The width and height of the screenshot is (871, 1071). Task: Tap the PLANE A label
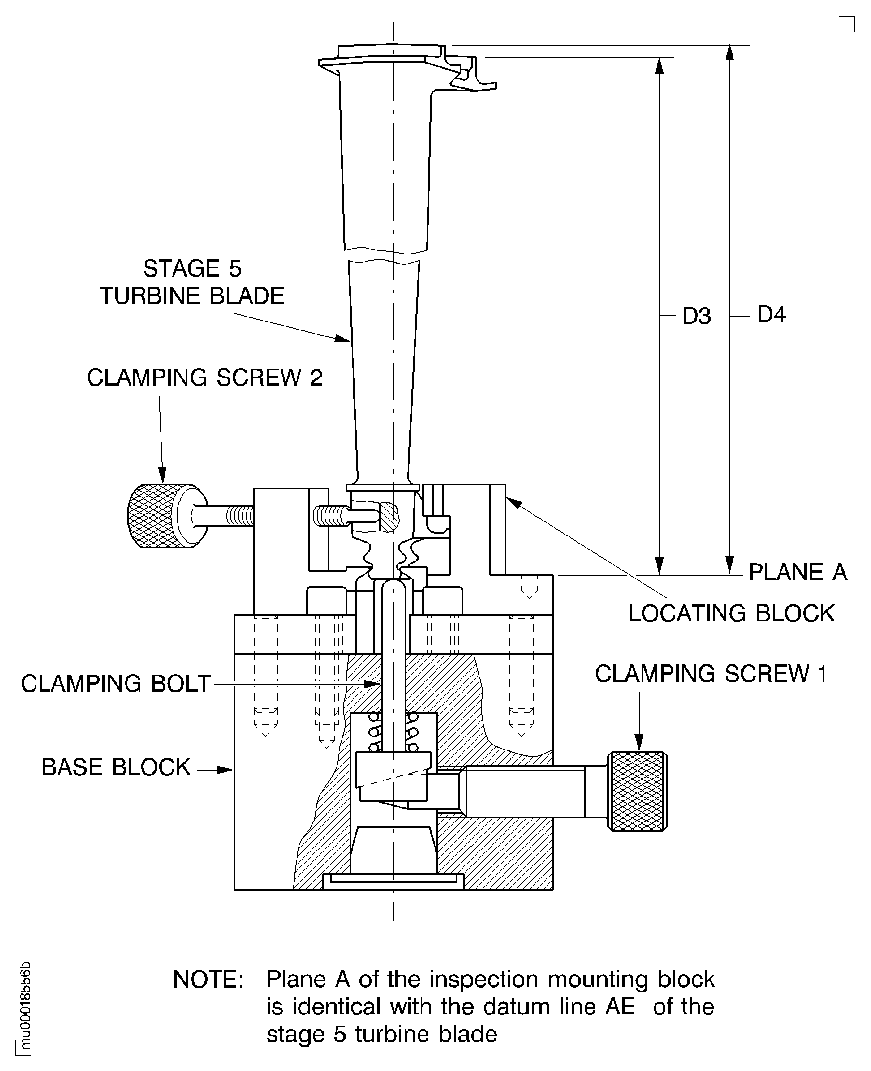[x=797, y=572]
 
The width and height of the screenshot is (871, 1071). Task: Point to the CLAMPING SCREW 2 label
[x=205, y=378]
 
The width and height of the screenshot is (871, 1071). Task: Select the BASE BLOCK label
[x=116, y=767]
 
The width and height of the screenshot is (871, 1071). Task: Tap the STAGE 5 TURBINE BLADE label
[x=192, y=282]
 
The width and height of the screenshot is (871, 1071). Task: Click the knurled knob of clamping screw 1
[x=637, y=791]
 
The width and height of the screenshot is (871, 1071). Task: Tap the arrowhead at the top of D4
[x=730, y=52]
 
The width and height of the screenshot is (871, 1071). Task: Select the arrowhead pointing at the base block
[x=227, y=770]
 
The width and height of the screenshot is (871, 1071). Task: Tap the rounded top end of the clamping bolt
[x=394, y=586]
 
